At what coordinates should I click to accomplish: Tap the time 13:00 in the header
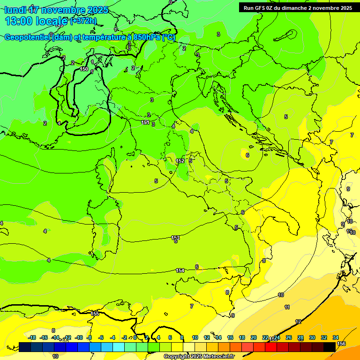[19, 21]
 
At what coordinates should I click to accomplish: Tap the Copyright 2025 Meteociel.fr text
[199, 356]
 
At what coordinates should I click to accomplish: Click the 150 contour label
[84, 69]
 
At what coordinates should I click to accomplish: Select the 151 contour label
[145, 122]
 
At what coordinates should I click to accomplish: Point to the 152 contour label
[180, 161]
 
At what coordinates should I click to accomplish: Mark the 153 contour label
[175, 238]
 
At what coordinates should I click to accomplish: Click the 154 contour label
[180, 270]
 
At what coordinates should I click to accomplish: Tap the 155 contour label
[95, 313]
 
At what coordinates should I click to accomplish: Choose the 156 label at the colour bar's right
[341, 344]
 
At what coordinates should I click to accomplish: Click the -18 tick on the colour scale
[32, 337]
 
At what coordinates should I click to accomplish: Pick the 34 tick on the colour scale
[336, 337]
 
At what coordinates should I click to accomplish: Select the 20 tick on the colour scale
[254, 337]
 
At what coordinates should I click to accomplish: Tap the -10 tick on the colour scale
[79, 337]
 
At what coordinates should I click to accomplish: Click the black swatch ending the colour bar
[330, 347]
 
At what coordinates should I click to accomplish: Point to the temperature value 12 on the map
[298, 322]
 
